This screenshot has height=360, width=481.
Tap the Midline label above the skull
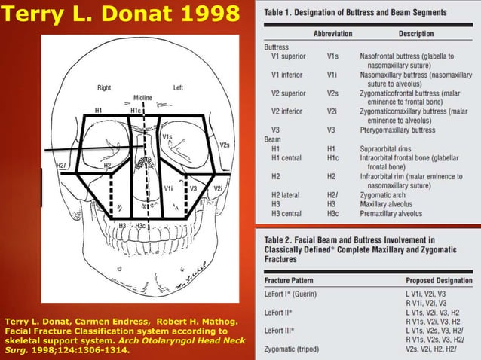pyautogui.click(x=142, y=98)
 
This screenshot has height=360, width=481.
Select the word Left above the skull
pyautogui.click(x=178, y=87)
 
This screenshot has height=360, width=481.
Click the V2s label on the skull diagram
pyautogui.click(x=224, y=144)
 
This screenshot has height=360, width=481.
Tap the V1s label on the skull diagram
pyautogui.click(x=167, y=137)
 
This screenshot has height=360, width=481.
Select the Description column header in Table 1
pyautogui.click(x=416, y=34)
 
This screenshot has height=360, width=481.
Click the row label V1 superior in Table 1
pyautogui.click(x=289, y=56)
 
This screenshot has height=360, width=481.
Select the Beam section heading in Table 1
pyautogui.click(x=272, y=139)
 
